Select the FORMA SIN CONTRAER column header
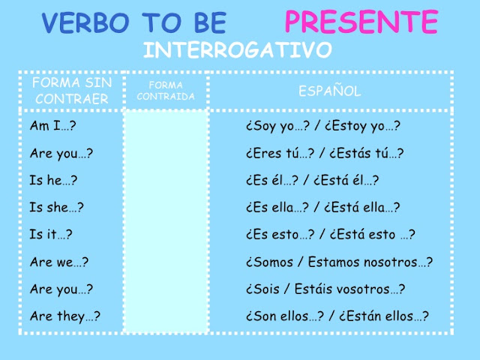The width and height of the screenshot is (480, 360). click(x=66, y=90)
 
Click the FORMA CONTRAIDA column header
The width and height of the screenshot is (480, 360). click(x=166, y=91)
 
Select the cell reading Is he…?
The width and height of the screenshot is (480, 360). click(x=54, y=180)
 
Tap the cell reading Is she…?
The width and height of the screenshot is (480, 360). click(x=57, y=207)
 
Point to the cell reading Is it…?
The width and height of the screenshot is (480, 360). click(x=51, y=234)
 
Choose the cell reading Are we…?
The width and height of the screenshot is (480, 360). click(x=59, y=262)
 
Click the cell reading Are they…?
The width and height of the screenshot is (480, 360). click(x=65, y=316)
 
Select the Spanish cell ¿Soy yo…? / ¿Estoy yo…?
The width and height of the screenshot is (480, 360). click(x=322, y=126)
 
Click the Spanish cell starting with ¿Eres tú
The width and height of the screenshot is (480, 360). click(x=324, y=153)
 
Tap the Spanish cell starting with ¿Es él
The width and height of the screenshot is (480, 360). click(x=311, y=180)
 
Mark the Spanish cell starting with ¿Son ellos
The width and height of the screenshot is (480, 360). click(x=336, y=316)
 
